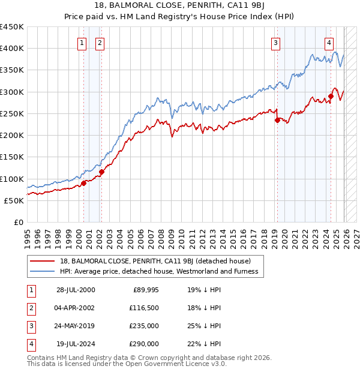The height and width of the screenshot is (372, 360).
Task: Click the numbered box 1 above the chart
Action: click(x=82, y=43)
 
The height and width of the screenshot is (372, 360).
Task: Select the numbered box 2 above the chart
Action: click(x=98, y=43)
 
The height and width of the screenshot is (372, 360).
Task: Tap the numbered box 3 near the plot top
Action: click(x=275, y=43)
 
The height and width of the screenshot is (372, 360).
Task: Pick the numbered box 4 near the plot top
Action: click(x=329, y=43)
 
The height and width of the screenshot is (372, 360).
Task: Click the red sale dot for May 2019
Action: click(x=277, y=120)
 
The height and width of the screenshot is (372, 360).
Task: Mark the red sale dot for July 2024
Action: click(x=331, y=96)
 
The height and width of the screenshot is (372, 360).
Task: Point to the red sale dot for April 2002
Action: click(x=101, y=172)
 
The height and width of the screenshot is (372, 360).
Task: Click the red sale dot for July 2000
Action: click(x=84, y=183)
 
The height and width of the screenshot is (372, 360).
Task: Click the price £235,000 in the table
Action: click(x=143, y=327)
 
